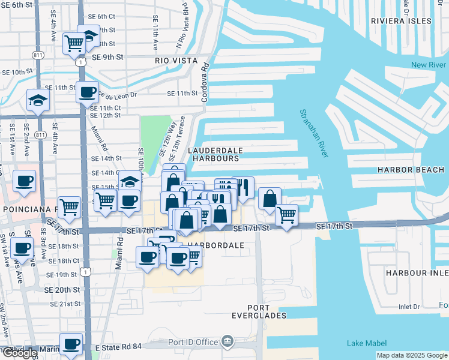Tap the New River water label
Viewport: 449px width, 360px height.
(x=429, y=65)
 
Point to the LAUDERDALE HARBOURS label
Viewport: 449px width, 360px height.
(x=213, y=154)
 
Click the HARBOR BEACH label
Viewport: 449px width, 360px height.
(x=411, y=170)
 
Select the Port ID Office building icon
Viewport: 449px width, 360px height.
(x=228, y=342)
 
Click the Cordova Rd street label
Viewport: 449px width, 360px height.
(x=205, y=82)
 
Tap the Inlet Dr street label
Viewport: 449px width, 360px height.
(x=409, y=307)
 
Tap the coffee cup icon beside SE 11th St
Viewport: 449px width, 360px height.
(x=87, y=92)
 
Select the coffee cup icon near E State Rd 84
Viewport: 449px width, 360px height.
(x=71, y=344)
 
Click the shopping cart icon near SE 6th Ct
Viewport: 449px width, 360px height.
(x=73, y=43)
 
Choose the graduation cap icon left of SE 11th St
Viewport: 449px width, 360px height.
(x=38, y=100)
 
